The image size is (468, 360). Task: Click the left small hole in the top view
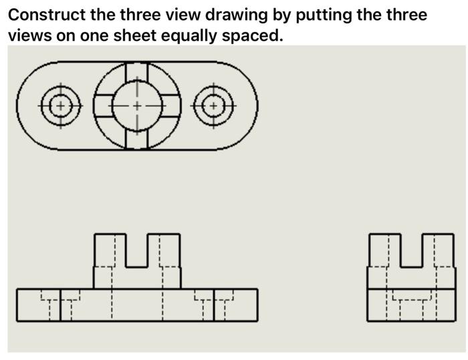click(60, 106)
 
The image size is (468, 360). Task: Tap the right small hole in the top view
click(213, 106)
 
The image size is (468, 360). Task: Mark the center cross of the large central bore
click(137, 106)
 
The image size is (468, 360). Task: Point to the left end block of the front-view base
click(38, 305)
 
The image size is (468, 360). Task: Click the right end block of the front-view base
click(235, 305)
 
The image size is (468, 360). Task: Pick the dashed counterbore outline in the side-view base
click(411, 294)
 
